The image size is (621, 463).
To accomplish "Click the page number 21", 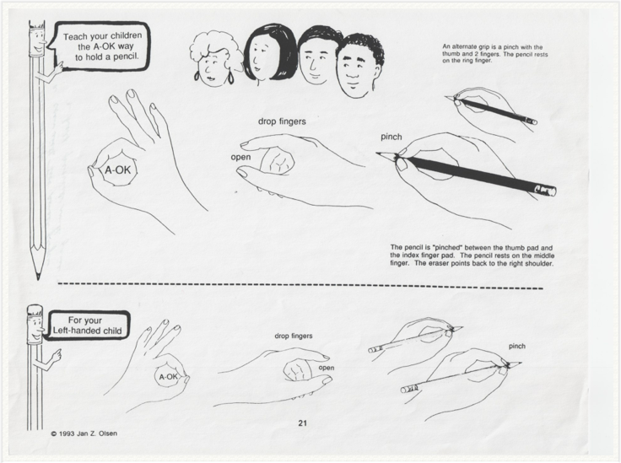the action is click(x=302, y=423).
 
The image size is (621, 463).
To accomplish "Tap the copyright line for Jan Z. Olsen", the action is click(x=84, y=433).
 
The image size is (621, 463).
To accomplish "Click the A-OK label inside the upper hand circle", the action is click(x=117, y=170).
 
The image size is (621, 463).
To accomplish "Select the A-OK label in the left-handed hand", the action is click(x=168, y=377).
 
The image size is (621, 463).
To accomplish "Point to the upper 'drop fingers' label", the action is click(x=282, y=121).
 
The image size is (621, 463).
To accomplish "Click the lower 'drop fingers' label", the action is click(x=294, y=336).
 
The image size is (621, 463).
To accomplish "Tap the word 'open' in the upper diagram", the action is click(x=240, y=157).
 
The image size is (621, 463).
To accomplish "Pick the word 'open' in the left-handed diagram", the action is click(x=327, y=368).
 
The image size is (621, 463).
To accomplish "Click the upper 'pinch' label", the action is click(x=391, y=137).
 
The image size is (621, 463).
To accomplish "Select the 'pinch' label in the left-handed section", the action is click(x=517, y=346).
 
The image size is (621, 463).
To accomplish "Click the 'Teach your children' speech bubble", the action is click(x=101, y=46).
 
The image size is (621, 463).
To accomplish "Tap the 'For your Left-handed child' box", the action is click(x=87, y=326).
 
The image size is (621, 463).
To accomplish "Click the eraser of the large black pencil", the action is click(x=547, y=191).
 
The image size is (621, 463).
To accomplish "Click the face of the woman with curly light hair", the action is click(x=213, y=66).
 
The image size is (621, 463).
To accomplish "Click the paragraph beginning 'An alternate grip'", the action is click(x=495, y=53).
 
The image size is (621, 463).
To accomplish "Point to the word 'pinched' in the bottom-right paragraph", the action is click(x=447, y=248).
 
